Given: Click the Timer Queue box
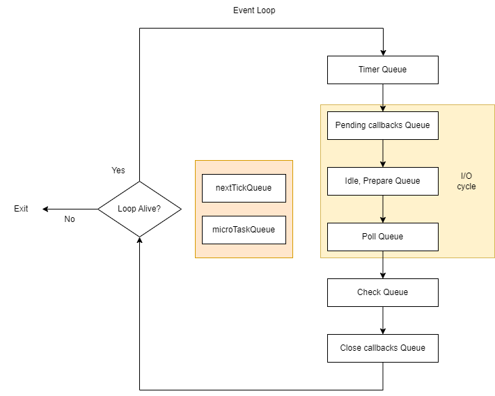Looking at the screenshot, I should click(x=383, y=70).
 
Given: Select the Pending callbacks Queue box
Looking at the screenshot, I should click(x=383, y=125).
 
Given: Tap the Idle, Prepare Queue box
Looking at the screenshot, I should click(x=383, y=181).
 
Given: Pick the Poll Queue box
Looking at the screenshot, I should click(x=383, y=237).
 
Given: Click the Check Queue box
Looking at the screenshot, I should click(x=383, y=292).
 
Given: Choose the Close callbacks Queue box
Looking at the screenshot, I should click(x=383, y=348).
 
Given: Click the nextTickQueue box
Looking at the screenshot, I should click(x=244, y=188).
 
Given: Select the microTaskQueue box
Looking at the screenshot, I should click(x=244, y=230).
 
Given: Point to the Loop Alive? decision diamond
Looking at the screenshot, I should click(x=139, y=209).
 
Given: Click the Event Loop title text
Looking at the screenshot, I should click(x=254, y=11).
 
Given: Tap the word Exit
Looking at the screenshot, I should click(x=21, y=209).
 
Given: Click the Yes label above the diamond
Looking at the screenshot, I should click(x=118, y=171).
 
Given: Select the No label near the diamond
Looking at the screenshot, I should click(x=70, y=219).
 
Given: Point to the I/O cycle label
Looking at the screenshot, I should click(x=466, y=182).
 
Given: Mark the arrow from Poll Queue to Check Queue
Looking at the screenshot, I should click(x=383, y=264).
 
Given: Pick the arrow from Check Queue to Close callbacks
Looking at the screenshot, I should click(x=383, y=320).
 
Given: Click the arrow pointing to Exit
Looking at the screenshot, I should click(x=70, y=209).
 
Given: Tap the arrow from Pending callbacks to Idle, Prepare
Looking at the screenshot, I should click(x=383, y=153).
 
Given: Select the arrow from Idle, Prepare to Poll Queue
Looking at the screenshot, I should click(x=383, y=209).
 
